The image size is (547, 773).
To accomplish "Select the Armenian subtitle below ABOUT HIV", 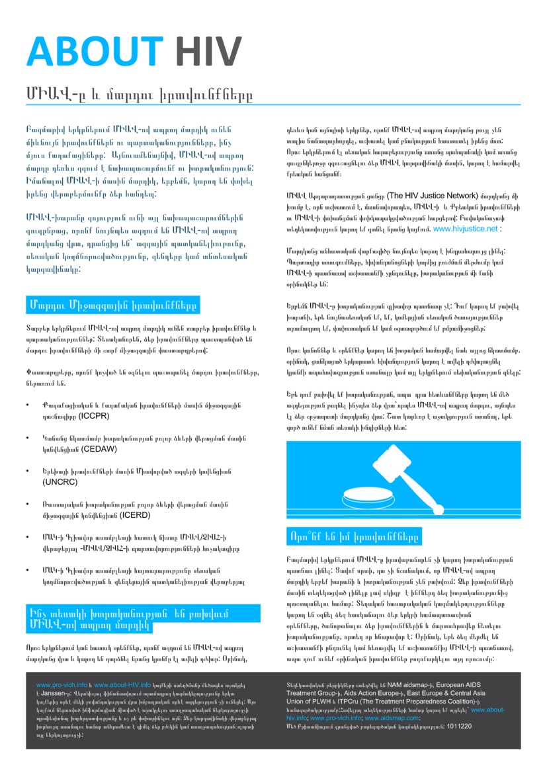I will (139, 93).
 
